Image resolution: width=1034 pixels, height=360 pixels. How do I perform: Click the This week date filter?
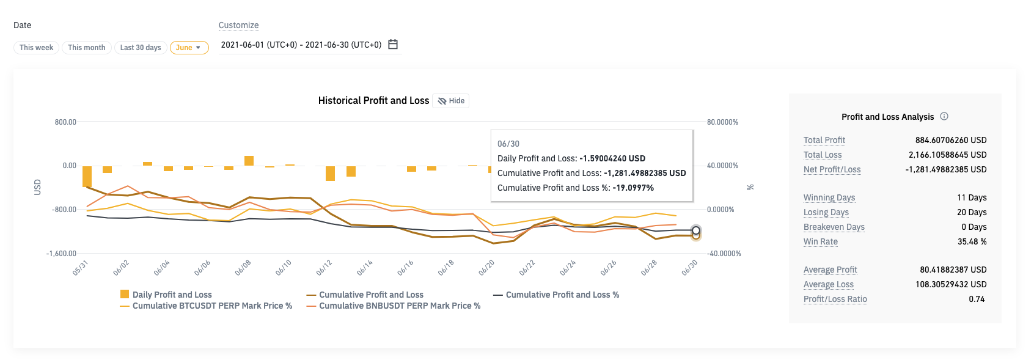[36, 48]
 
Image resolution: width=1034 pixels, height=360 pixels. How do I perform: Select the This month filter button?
[86, 48]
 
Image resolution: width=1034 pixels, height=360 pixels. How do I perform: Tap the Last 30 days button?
[141, 48]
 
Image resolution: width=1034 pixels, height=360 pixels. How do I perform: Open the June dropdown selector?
[189, 48]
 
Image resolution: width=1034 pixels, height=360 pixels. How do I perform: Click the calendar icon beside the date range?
[393, 44]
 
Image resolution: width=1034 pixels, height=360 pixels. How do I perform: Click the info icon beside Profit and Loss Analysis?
[944, 116]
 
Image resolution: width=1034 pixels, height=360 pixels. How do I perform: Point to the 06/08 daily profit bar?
[249, 161]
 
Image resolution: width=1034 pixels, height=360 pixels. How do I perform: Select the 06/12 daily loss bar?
[330, 173]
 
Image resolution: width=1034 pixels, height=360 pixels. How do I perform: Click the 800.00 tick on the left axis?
[65, 122]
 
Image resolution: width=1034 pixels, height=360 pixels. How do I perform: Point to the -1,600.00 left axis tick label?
[62, 254]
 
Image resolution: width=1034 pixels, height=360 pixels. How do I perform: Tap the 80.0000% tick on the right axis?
[722, 122]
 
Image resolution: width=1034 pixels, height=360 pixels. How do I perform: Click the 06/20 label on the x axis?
[486, 268]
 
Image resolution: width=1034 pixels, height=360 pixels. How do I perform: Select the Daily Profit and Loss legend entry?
[172, 295]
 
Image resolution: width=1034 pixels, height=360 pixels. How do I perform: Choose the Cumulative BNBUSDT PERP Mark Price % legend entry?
[399, 306]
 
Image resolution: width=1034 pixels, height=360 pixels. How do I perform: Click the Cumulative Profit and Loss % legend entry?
[562, 295]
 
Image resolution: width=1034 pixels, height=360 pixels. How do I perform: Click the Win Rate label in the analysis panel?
[820, 241]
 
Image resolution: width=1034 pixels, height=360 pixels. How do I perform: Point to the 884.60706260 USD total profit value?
[950, 140]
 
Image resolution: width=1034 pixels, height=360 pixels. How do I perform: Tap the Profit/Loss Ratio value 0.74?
[976, 299]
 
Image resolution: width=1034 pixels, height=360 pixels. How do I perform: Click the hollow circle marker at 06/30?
[696, 230]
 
